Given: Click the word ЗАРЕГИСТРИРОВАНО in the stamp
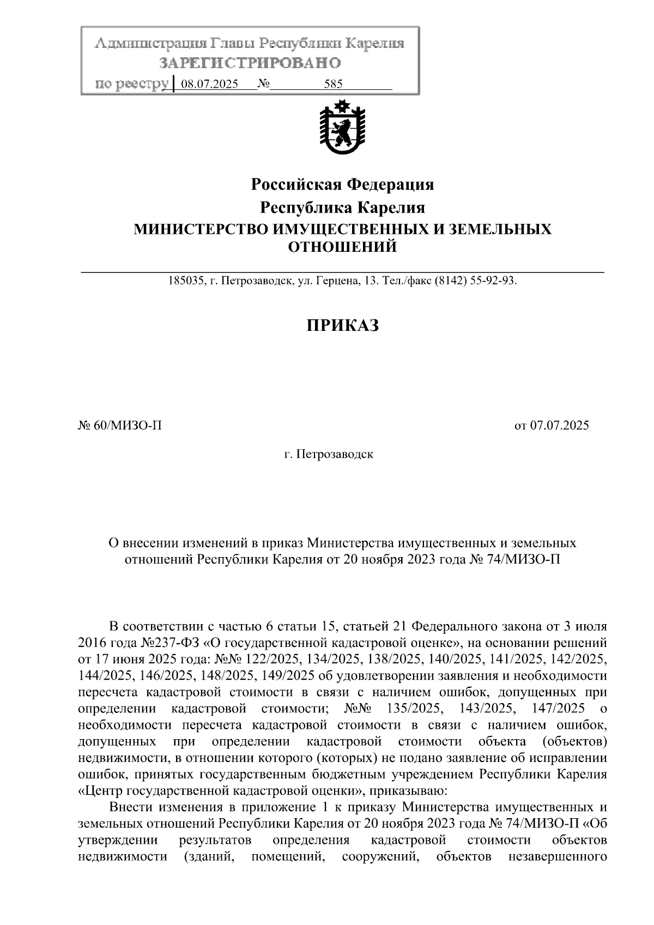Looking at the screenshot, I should pos(250,63).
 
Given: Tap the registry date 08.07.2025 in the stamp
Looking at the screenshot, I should pos(209,84).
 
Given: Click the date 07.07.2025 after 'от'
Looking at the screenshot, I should pos(559,426).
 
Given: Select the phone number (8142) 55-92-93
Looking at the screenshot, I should pos(475,281).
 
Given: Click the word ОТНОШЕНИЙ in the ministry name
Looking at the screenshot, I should pos(342,247).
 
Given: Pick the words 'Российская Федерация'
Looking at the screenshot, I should pos(342,184).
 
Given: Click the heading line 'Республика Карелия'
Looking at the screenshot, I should pos(342,208).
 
